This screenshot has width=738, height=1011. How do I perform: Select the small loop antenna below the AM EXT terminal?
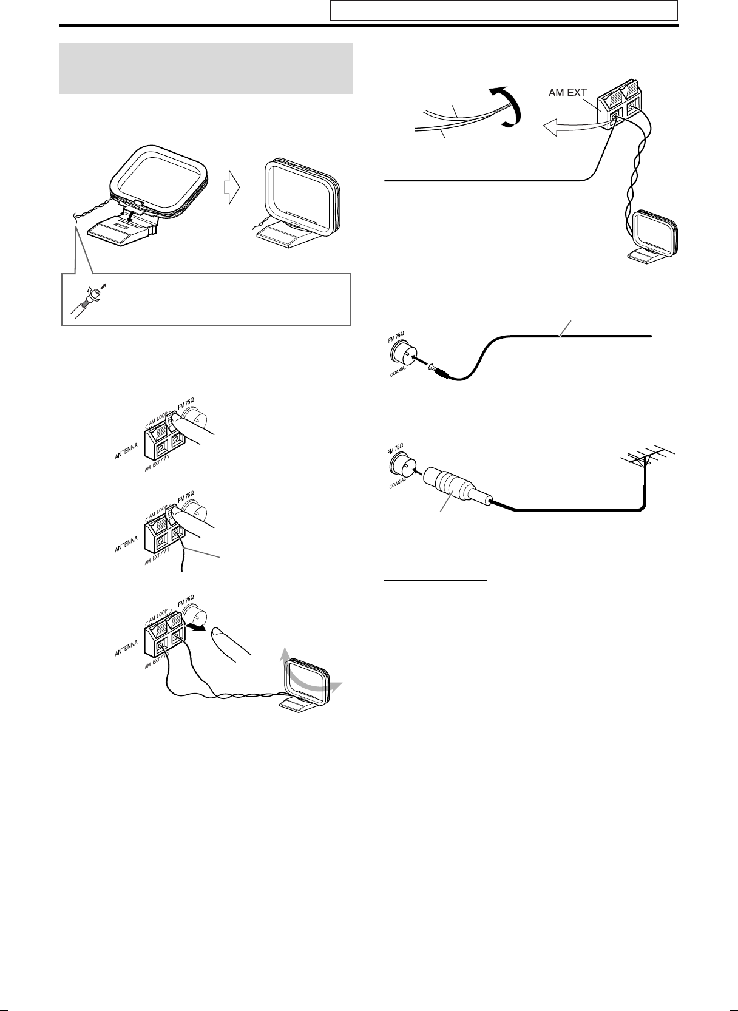[654, 237]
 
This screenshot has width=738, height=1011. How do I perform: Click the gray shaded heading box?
[206, 69]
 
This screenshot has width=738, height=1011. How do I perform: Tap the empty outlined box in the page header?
[503, 10]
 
